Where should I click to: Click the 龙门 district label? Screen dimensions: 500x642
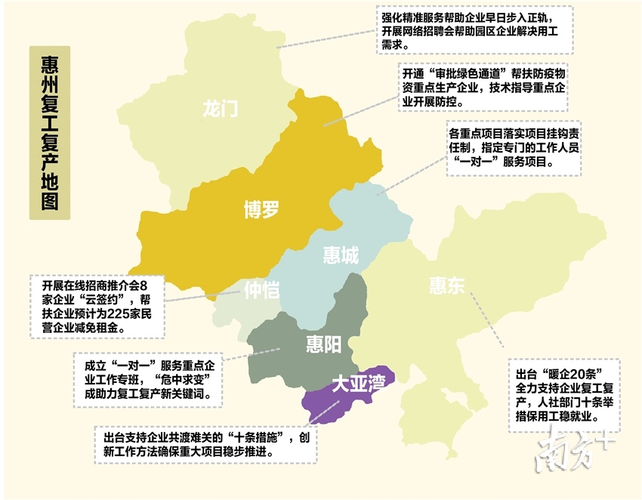point(221,108)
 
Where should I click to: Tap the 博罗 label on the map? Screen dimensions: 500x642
point(261,209)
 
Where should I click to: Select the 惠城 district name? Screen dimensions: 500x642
point(341,255)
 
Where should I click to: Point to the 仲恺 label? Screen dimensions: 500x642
point(262,289)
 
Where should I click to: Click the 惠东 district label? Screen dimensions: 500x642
point(447,285)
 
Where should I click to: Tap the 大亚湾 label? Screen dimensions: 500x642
point(359,385)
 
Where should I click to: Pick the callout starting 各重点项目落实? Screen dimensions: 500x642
point(514,147)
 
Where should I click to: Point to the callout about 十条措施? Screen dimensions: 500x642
point(206,444)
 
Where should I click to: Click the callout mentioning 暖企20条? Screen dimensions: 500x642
point(564,394)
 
